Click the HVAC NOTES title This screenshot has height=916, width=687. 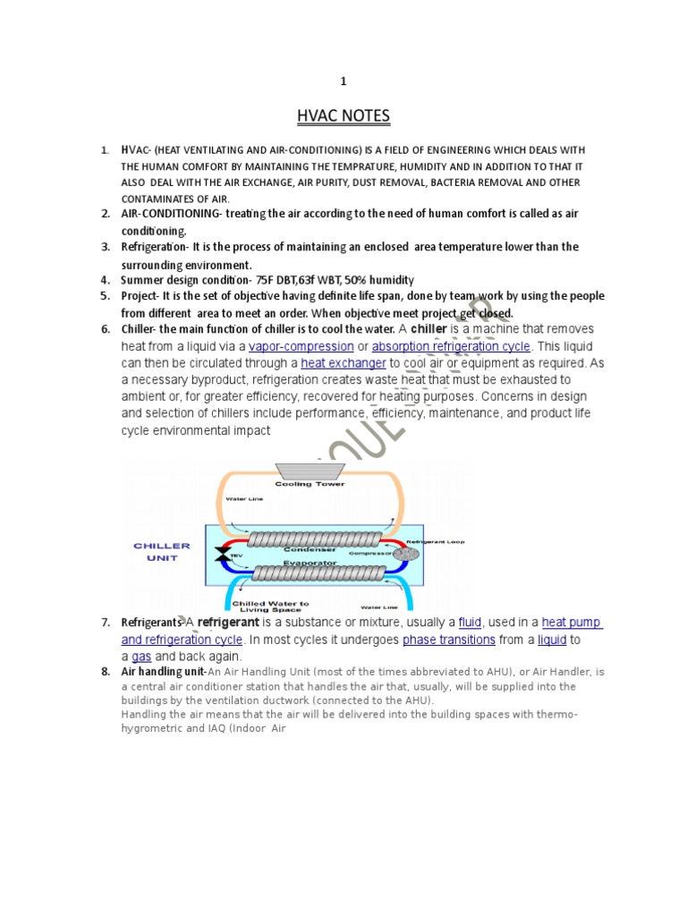coord(343,116)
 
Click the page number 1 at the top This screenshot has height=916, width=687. coord(343,81)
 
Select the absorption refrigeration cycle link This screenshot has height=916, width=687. coord(451,346)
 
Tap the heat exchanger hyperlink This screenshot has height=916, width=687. coord(343,363)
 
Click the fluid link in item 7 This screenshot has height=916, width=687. coord(471,623)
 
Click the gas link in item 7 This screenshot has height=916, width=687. coord(141,657)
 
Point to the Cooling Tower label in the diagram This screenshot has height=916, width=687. coord(310,484)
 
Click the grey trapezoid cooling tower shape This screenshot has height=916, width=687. coord(310,471)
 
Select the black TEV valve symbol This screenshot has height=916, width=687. coord(220,555)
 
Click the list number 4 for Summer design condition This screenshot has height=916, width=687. coord(105,280)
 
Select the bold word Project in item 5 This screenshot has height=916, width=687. coord(140,296)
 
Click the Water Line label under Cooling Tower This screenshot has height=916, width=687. coord(243,498)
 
